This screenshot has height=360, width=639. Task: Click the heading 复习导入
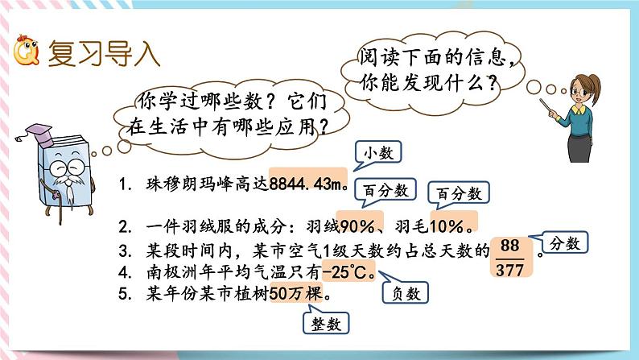click(x=104, y=53)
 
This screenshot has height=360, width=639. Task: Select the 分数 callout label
click(x=565, y=242)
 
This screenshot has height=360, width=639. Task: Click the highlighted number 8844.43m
click(x=308, y=184)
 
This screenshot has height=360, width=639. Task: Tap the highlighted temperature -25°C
click(x=348, y=271)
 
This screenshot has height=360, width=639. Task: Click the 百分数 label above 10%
click(x=460, y=193)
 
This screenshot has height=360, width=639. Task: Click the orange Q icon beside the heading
click(x=26, y=52)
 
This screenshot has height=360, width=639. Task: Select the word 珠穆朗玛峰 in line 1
click(x=173, y=184)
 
